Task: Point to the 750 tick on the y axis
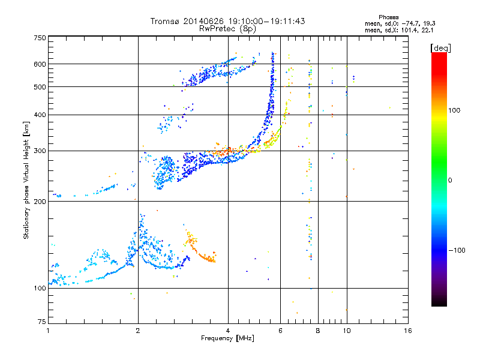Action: coord(40,38)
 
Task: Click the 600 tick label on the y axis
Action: coord(40,64)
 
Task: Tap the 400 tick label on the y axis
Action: coord(40,115)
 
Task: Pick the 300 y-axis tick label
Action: coord(40,151)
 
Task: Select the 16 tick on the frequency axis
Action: coord(407,331)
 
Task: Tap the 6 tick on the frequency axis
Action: coord(280,331)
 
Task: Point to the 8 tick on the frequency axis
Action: coord(318,331)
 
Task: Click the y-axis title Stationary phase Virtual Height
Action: coord(26,180)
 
